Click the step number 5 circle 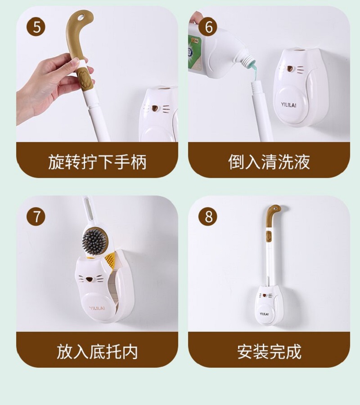pyautogui.click(x=36, y=27)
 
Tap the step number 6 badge pyautogui.click(x=208, y=27)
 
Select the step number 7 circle pyautogui.click(x=36, y=217)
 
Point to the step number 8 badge pyautogui.click(x=208, y=217)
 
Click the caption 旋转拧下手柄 pyautogui.click(x=97, y=162)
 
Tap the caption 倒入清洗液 pyautogui.click(x=269, y=162)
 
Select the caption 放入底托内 pyautogui.click(x=97, y=352)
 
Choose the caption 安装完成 pyautogui.click(x=269, y=352)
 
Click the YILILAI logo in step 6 pyautogui.click(x=288, y=105)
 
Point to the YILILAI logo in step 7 pyautogui.click(x=97, y=308)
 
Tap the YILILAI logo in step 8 pyautogui.click(x=264, y=314)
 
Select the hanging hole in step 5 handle pyautogui.click(x=81, y=17)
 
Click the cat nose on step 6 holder pyautogui.click(x=290, y=69)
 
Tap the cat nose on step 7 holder pyautogui.click(x=90, y=279)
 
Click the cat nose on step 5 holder pyautogui.click(x=155, y=108)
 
